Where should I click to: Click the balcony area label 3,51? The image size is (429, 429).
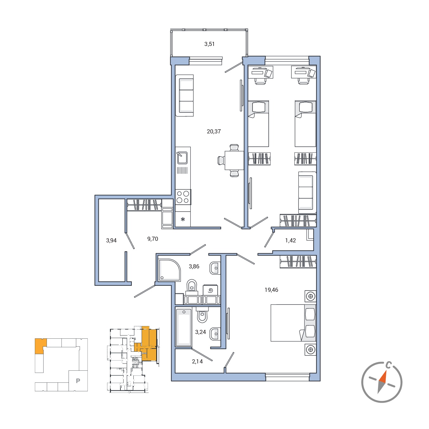(209, 44)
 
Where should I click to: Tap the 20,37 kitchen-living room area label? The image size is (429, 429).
(214, 131)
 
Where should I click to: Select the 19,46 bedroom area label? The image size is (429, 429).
(271, 290)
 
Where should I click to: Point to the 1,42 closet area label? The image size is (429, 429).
(291, 240)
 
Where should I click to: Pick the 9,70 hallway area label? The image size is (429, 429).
(152, 239)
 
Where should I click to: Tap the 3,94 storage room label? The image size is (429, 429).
(111, 240)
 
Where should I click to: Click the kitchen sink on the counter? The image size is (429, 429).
(182, 157)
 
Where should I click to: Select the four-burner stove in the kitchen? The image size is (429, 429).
(183, 197)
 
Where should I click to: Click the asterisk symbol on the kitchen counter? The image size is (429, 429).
(183, 220)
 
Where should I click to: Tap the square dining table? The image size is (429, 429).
(234, 160)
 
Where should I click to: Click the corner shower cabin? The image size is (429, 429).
(169, 270)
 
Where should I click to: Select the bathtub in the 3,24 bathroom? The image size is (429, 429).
(184, 327)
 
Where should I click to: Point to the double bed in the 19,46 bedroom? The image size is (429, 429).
(293, 323)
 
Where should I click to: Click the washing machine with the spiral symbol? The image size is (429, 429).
(210, 290)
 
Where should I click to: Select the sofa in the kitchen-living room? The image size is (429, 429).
(184, 95)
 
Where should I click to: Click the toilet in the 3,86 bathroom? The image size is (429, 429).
(192, 286)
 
